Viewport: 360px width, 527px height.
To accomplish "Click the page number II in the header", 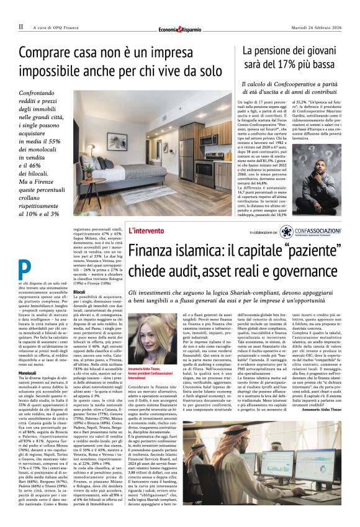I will coord(20,27).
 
